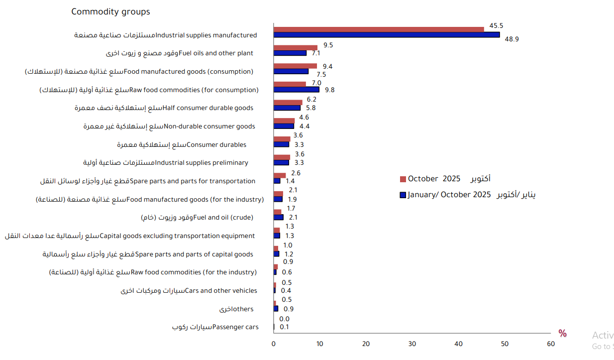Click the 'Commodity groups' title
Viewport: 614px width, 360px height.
(x=110, y=11)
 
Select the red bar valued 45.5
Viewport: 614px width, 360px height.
(x=379, y=29)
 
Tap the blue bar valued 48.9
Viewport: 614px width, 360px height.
(x=387, y=35)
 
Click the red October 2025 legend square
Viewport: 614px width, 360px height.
(x=403, y=179)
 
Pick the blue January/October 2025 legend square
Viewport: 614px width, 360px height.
(x=403, y=195)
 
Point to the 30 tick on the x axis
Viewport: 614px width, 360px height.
(x=412, y=344)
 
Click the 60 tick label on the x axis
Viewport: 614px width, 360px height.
(x=550, y=344)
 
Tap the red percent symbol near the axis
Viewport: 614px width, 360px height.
(x=562, y=334)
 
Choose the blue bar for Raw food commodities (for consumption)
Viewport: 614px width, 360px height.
(x=297, y=90)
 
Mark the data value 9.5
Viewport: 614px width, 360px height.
(x=328, y=45)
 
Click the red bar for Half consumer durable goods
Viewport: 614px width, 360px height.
(x=288, y=103)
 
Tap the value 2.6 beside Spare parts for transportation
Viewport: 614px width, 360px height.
(x=296, y=173)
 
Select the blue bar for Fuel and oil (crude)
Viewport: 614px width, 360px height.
(x=279, y=217)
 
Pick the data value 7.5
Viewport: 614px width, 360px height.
(x=321, y=75)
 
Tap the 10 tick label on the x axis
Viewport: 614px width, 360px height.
(x=319, y=344)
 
